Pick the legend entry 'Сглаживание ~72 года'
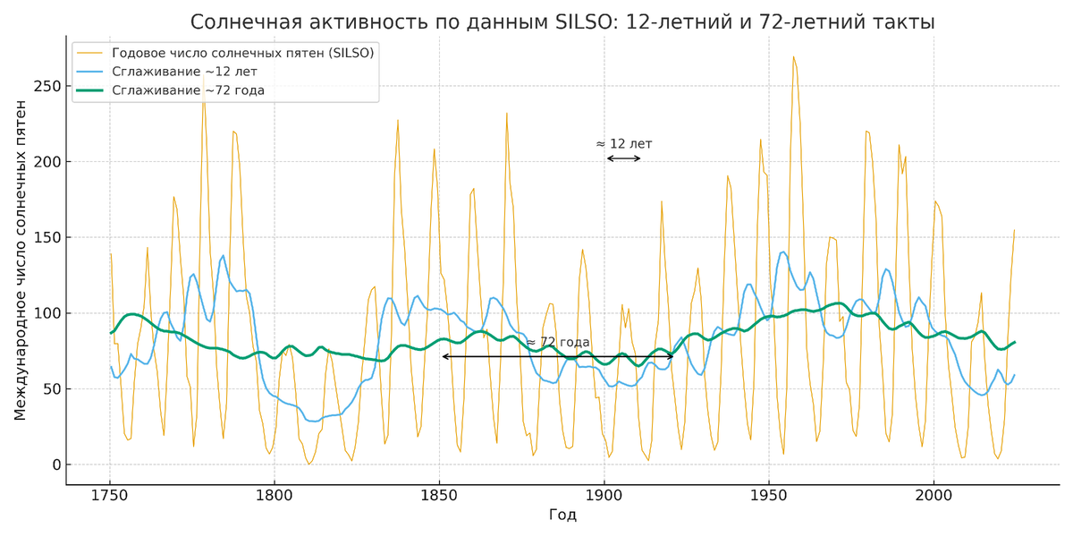[189, 90]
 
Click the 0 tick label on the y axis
[55, 465]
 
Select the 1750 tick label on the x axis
[110, 495]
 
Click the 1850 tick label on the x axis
[439, 495]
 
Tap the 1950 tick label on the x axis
[768, 495]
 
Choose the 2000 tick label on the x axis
[933, 495]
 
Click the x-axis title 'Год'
[563, 516]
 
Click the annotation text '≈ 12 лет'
[624, 144]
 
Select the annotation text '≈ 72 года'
[558, 343]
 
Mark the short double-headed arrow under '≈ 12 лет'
[624, 158]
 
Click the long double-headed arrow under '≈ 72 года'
[558, 356]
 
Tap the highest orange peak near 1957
[792, 57]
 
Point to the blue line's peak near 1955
[783, 251]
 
